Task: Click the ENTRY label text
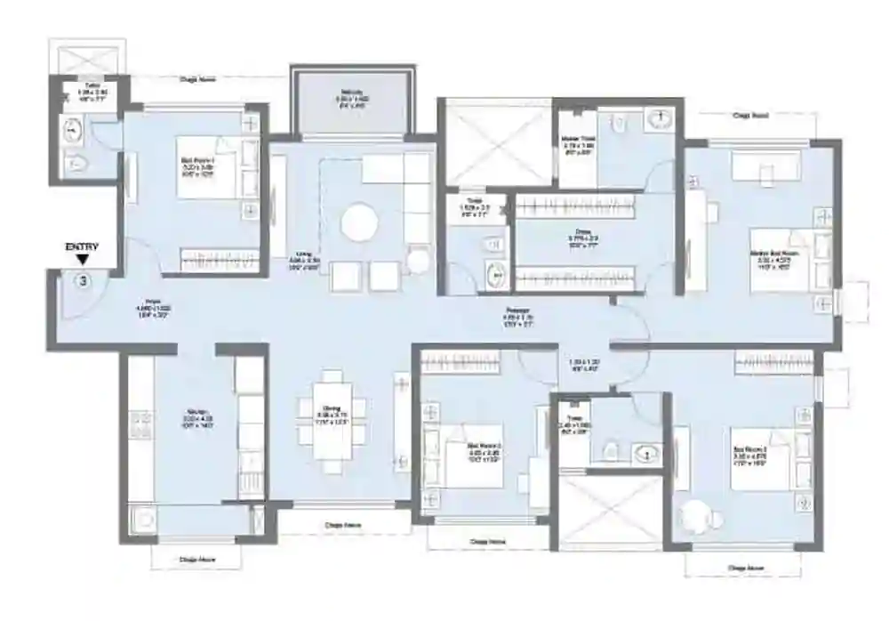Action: [82, 247]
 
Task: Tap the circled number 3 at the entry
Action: [83, 281]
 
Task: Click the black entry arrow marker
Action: [83, 261]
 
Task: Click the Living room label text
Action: [304, 257]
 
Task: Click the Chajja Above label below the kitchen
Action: [196, 560]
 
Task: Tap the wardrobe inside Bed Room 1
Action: [217, 259]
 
